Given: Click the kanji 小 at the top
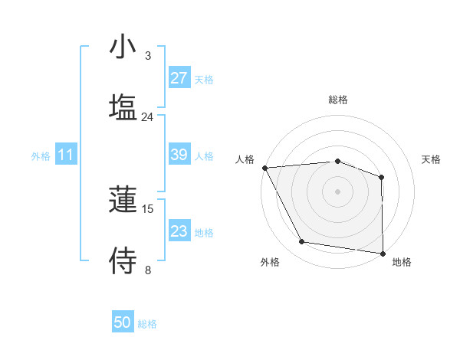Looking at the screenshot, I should pyautogui.click(x=123, y=47).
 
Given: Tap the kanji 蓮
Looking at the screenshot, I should pyautogui.click(x=123, y=201).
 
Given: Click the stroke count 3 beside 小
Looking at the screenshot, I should pyautogui.click(x=148, y=56).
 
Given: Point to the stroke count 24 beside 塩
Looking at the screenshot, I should pyautogui.click(x=147, y=116).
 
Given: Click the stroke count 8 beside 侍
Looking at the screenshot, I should pyautogui.click(x=148, y=270).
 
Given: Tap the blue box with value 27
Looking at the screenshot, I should pyautogui.click(x=179, y=77).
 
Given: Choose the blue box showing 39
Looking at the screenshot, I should pyautogui.click(x=179, y=155).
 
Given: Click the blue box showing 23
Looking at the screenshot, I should pyautogui.click(x=179, y=231).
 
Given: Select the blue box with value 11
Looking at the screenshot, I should pyautogui.click(x=66, y=155).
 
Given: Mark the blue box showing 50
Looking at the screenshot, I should pyautogui.click(x=123, y=322).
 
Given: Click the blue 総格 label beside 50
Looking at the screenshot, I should pyautogui.click(x=147, y=324).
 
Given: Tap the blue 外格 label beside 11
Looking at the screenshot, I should pyautogui.click(x=41, y=156).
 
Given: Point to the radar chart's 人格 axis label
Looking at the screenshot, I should pyautogui.click(x=245, y=159).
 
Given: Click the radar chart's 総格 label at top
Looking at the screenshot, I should pyautogui.click(x=338, y=100).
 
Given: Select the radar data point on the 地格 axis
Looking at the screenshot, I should pyautogui.click(x=382, y=253).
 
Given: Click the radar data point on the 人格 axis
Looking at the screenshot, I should pyautogui.click(x=264, y=168).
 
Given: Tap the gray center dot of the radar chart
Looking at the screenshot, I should pyautogui.click(x=337, y=191).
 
